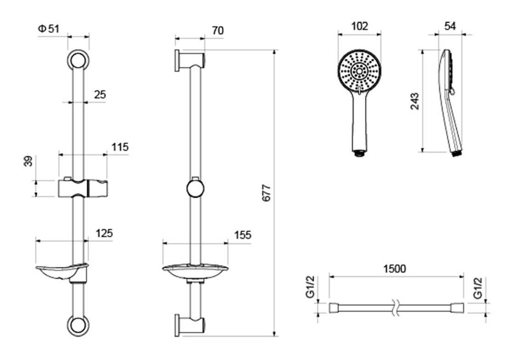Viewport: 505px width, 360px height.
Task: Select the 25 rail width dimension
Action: pyautogui.click(x=99, y=94)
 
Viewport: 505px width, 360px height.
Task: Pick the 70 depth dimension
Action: pyautogui.click(x=218, y=30)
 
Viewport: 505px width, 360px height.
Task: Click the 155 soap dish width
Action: pyautogui.click(x=242, y=235)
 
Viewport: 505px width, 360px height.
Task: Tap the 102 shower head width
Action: pyautogui.click(x=360, y=26)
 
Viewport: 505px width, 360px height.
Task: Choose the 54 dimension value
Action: pyautogui.click(x=450, y=26)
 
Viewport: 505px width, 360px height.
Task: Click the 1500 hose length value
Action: pyautogui.click(x=395, y=269)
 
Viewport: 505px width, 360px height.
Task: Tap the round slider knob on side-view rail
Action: pyautogui.click(x=196, y=189)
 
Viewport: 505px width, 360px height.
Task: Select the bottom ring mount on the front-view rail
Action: pyautogui.click(x=78, y=326)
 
